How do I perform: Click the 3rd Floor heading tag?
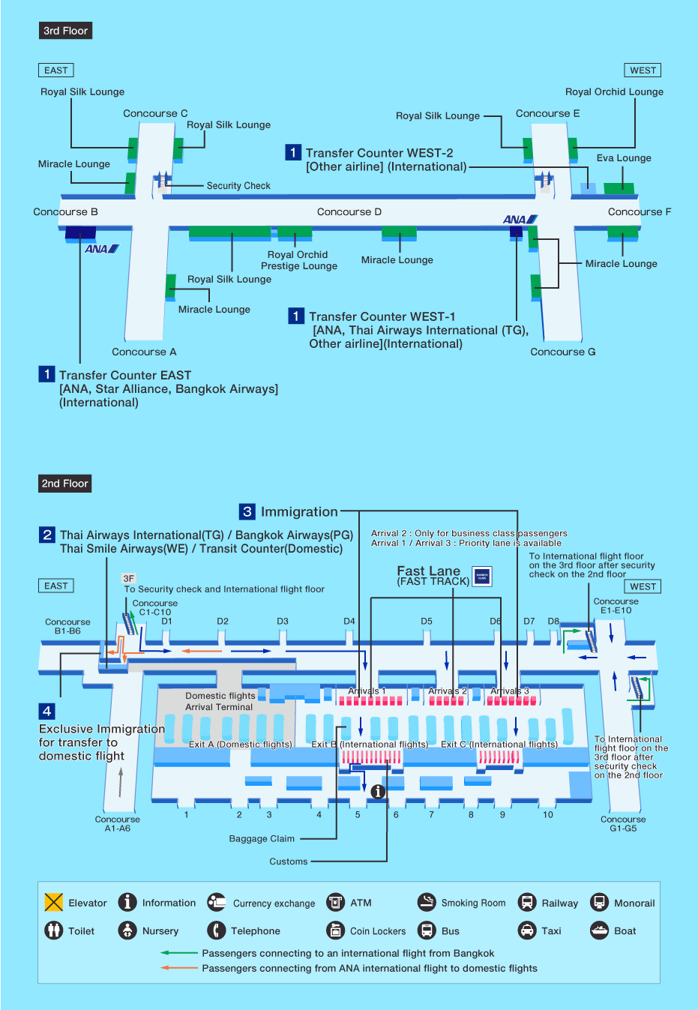pos(65,31)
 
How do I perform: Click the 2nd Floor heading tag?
pos(65,484)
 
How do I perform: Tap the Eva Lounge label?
pos(624,158)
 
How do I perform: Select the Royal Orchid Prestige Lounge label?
pos(298,260)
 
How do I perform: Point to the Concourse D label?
pos(349,212)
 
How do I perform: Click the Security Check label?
pos(238,186)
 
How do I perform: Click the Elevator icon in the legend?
pos(54,902)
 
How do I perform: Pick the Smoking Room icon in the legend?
pos(427,902)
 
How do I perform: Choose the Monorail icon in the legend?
pos(599,902)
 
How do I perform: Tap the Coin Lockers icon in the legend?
pos(335,931)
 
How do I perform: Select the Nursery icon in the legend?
pos(127,931)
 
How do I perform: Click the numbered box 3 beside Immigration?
pos(247,511)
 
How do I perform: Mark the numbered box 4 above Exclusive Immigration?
pos(47,711)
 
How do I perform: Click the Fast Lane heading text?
pos(428,571)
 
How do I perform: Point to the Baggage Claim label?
pos(262,839)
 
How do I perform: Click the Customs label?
pos(289,862)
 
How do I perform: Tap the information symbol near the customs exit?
pos(378,791)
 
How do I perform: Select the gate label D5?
pos(427,622)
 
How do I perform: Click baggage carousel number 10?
pos(548,815)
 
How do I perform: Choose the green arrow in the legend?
pos(178,953)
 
